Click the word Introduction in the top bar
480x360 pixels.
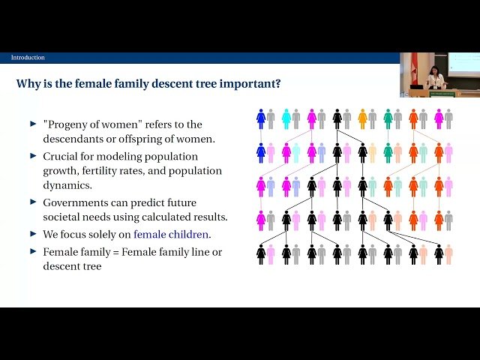click(x=28, y=58)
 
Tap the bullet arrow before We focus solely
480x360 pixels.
click(x=33, y=234)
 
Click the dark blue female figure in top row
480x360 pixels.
click(x=261, y=118)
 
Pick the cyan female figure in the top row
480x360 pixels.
click(x=286, y=118)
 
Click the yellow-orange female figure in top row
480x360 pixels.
click(x=362, y=118)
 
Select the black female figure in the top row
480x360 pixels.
click(x=337, y=118)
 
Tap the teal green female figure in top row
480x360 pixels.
click(x=388, y=118)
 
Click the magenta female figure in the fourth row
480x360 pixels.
click(x=261, y=220)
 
